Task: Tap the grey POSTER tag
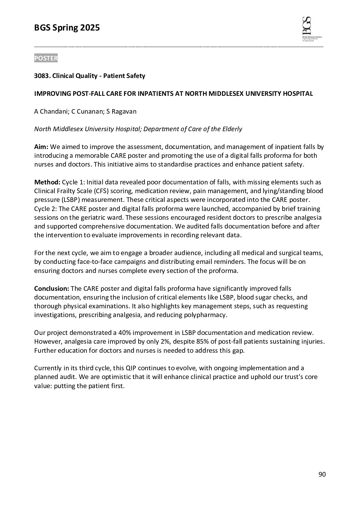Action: (46, 58)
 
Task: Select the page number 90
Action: (322, 475)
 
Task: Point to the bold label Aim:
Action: (41, 147)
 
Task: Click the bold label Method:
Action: (47, 182)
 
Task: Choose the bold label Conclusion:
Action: (52, 289)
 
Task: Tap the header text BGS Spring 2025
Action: (67, 28)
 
